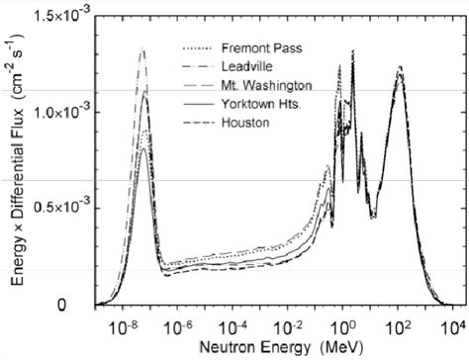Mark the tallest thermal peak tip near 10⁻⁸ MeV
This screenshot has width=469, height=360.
[x=142, y=48]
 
